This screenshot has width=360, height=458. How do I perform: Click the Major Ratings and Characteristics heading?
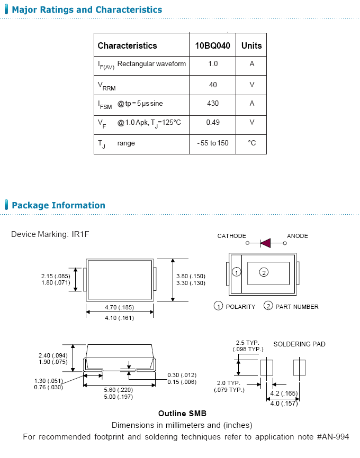point(87,10)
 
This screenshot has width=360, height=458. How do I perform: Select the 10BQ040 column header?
point(212,45)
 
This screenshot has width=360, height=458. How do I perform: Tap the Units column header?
point(251,45)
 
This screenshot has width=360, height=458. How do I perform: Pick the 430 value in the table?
point(212,104)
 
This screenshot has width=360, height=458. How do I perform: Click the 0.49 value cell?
point(212,123)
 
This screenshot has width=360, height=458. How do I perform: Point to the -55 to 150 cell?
point(212,143)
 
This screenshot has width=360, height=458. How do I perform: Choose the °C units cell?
point(251,143)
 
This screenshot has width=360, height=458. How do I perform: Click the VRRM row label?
point(106,85)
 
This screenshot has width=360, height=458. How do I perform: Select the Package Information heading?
point(58,205)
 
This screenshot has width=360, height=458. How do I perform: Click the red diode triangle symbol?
point(265,243)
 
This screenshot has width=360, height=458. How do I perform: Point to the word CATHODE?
point(231,236)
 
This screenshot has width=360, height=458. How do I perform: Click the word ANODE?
point(297,236)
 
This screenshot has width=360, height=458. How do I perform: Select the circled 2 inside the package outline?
point(264,272)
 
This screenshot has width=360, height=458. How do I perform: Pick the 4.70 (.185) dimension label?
point(119,307)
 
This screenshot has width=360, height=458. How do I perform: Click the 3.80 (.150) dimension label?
point(190,276)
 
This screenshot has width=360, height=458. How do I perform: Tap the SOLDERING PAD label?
point(299,344)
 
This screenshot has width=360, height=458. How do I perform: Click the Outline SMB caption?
point(182,414)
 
